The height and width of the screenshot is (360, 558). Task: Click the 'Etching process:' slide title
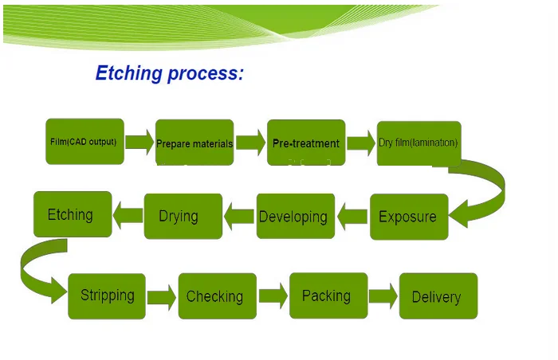point(169,74)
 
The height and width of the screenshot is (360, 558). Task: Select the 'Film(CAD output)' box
point(84,142)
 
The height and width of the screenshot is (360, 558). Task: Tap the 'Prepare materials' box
point(195,143)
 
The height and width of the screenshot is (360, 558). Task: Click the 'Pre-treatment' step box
point(306,143)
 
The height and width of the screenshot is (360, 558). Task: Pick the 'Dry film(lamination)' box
point(418,143)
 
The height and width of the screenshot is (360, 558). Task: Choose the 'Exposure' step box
point(408,216)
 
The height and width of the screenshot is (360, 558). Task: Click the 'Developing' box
point(293,216)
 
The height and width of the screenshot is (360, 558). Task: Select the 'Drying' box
point(183,216)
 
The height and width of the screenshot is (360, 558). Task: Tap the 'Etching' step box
point(72,214)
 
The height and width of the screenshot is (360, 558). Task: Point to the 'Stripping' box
point(107,295)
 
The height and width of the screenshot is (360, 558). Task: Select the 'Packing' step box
point(328,295)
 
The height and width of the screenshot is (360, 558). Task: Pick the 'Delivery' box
point(438,296)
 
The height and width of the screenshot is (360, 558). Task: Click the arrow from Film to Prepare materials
point(139,143)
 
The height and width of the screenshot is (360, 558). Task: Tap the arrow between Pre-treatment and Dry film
point(361,143)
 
